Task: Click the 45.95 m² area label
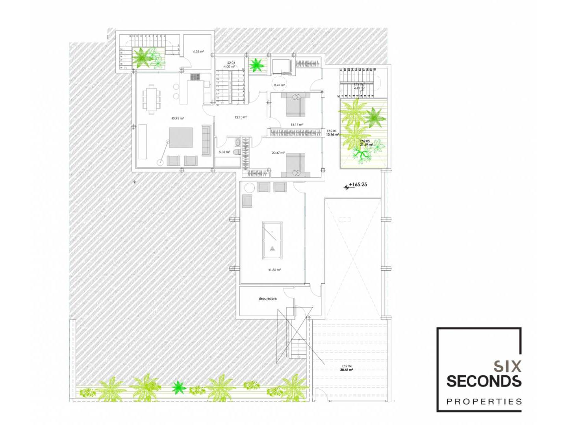pos(178,118)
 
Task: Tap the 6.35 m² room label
pos(198,52)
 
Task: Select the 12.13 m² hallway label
pos(241,117)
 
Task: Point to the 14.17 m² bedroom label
pos(297,125)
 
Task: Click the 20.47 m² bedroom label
pos(278,153)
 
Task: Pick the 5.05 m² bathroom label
pos(224,152)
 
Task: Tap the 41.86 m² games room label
pos(274,270)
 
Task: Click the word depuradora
pos(267,299)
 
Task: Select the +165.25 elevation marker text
pos(358,185)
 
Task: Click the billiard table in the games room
pos(272,240)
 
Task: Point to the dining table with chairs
pos(152,100)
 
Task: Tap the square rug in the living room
pos(181,138)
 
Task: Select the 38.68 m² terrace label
pos(346,370)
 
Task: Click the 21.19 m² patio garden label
pos(366,144)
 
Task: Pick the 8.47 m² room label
pos(279,85)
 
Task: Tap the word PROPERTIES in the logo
pos(484,402)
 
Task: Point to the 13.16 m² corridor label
pos(332,135)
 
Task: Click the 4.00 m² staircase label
pos(229,67)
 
